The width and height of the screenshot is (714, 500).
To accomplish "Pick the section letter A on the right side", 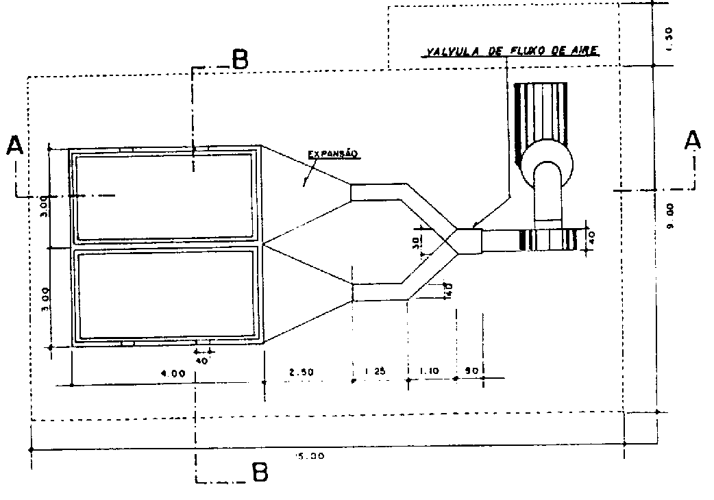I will point(693,140).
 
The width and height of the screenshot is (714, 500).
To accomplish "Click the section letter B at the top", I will point(239,60).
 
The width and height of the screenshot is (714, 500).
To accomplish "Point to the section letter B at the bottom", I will point(259,473).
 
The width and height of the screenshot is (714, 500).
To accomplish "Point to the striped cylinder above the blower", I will point(543,113).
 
